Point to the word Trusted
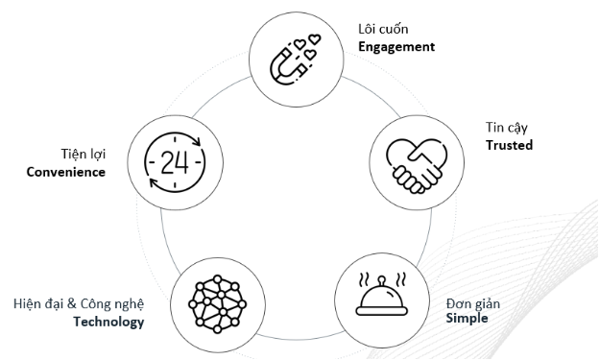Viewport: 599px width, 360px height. [509, 145]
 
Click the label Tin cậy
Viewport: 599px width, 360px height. [506, 128]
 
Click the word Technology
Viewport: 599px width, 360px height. [108, 322]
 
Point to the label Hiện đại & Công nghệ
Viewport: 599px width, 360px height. [79, 304]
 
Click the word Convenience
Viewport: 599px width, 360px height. [66, 173]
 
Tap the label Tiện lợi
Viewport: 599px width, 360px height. [82, 154]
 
